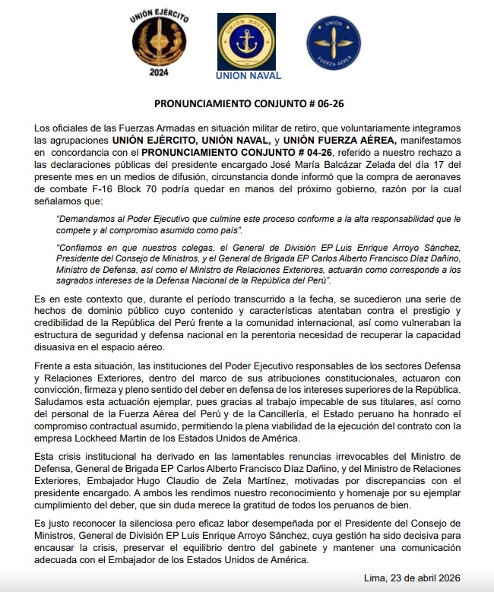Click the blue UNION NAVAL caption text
pos(248,76)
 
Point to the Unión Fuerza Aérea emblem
pos(330,43)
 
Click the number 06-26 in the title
pos(315,103)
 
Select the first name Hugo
pos(176,481)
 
